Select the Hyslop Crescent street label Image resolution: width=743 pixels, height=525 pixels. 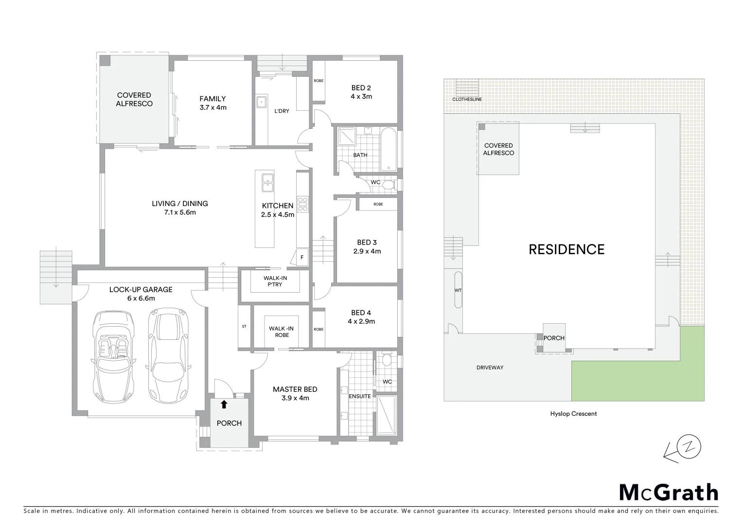[573, 414]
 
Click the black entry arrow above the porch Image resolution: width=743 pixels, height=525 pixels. [224, 404]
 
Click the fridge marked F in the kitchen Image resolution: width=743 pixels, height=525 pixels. [302, 257]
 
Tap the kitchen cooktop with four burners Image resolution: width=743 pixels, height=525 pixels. [303, 204]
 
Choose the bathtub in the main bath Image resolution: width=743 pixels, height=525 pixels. [389, 149]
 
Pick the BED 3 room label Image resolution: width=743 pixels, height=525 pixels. [367, 243]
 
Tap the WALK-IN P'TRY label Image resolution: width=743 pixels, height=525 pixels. [275, 281]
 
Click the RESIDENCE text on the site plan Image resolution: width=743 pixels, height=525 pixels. [566, 249]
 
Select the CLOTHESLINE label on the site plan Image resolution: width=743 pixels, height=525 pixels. [467, 100]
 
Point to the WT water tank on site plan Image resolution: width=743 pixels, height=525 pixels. [458, 290]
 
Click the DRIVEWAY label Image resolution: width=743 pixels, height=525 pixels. [490, 367]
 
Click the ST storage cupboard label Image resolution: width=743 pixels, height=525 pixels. [244, 326]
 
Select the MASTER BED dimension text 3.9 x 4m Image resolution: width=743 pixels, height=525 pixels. [295, 398]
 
